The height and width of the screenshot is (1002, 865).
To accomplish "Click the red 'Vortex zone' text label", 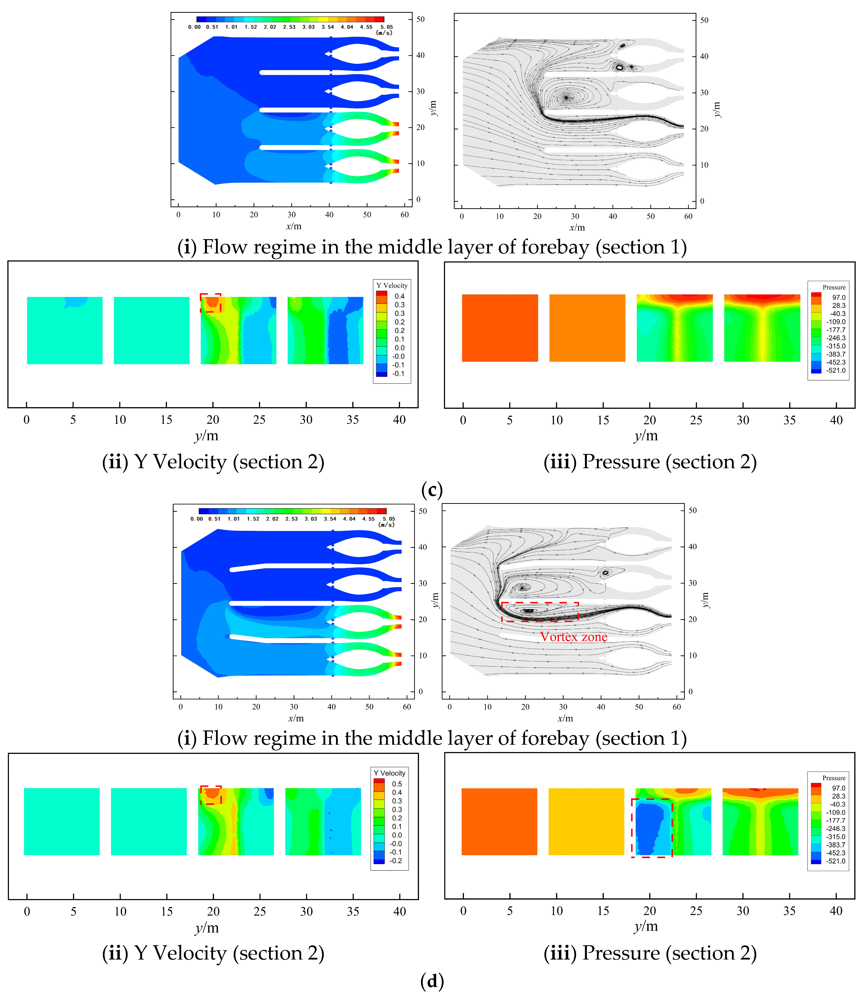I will pos(573,637).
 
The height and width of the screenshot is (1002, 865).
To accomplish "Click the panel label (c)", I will pos(432,490).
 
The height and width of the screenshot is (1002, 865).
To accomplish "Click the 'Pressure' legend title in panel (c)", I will pos(834,287).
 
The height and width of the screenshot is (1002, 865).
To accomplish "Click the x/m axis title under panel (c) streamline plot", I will pos(577,227).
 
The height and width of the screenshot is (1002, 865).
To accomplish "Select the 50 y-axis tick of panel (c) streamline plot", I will pos(704,20).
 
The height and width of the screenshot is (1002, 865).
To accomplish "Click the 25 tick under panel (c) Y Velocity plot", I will pos(259,420).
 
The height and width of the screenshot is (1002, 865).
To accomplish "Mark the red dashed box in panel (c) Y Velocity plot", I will pos(211,303).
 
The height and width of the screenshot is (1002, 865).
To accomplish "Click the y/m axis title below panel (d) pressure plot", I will pos(646,926).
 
